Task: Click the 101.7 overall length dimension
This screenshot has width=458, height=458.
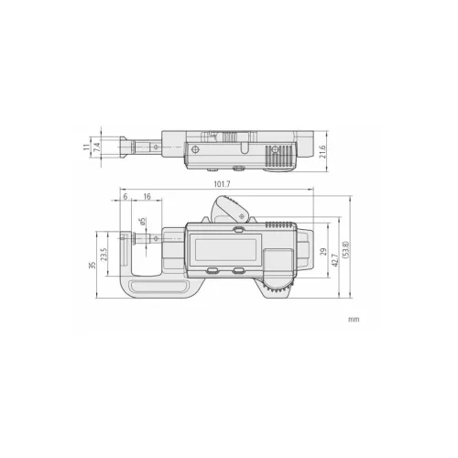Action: [x=222, y=184]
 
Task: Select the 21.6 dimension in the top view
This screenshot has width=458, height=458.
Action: [x=322, y=152]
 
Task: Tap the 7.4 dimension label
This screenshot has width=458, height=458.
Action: [x=97, y=147]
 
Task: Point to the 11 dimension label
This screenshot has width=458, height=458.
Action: [x=87, y=147]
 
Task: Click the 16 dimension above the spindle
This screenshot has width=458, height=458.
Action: [x=147, y=196]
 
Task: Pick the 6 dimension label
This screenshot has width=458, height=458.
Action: [x=125, y=196]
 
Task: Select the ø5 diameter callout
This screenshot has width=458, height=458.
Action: [x=143, y=222]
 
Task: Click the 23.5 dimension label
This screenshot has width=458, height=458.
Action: [x=104, y=254]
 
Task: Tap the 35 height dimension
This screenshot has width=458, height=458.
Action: [x=93, y=265]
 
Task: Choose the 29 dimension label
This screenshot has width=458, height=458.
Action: [x=323, y=252]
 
